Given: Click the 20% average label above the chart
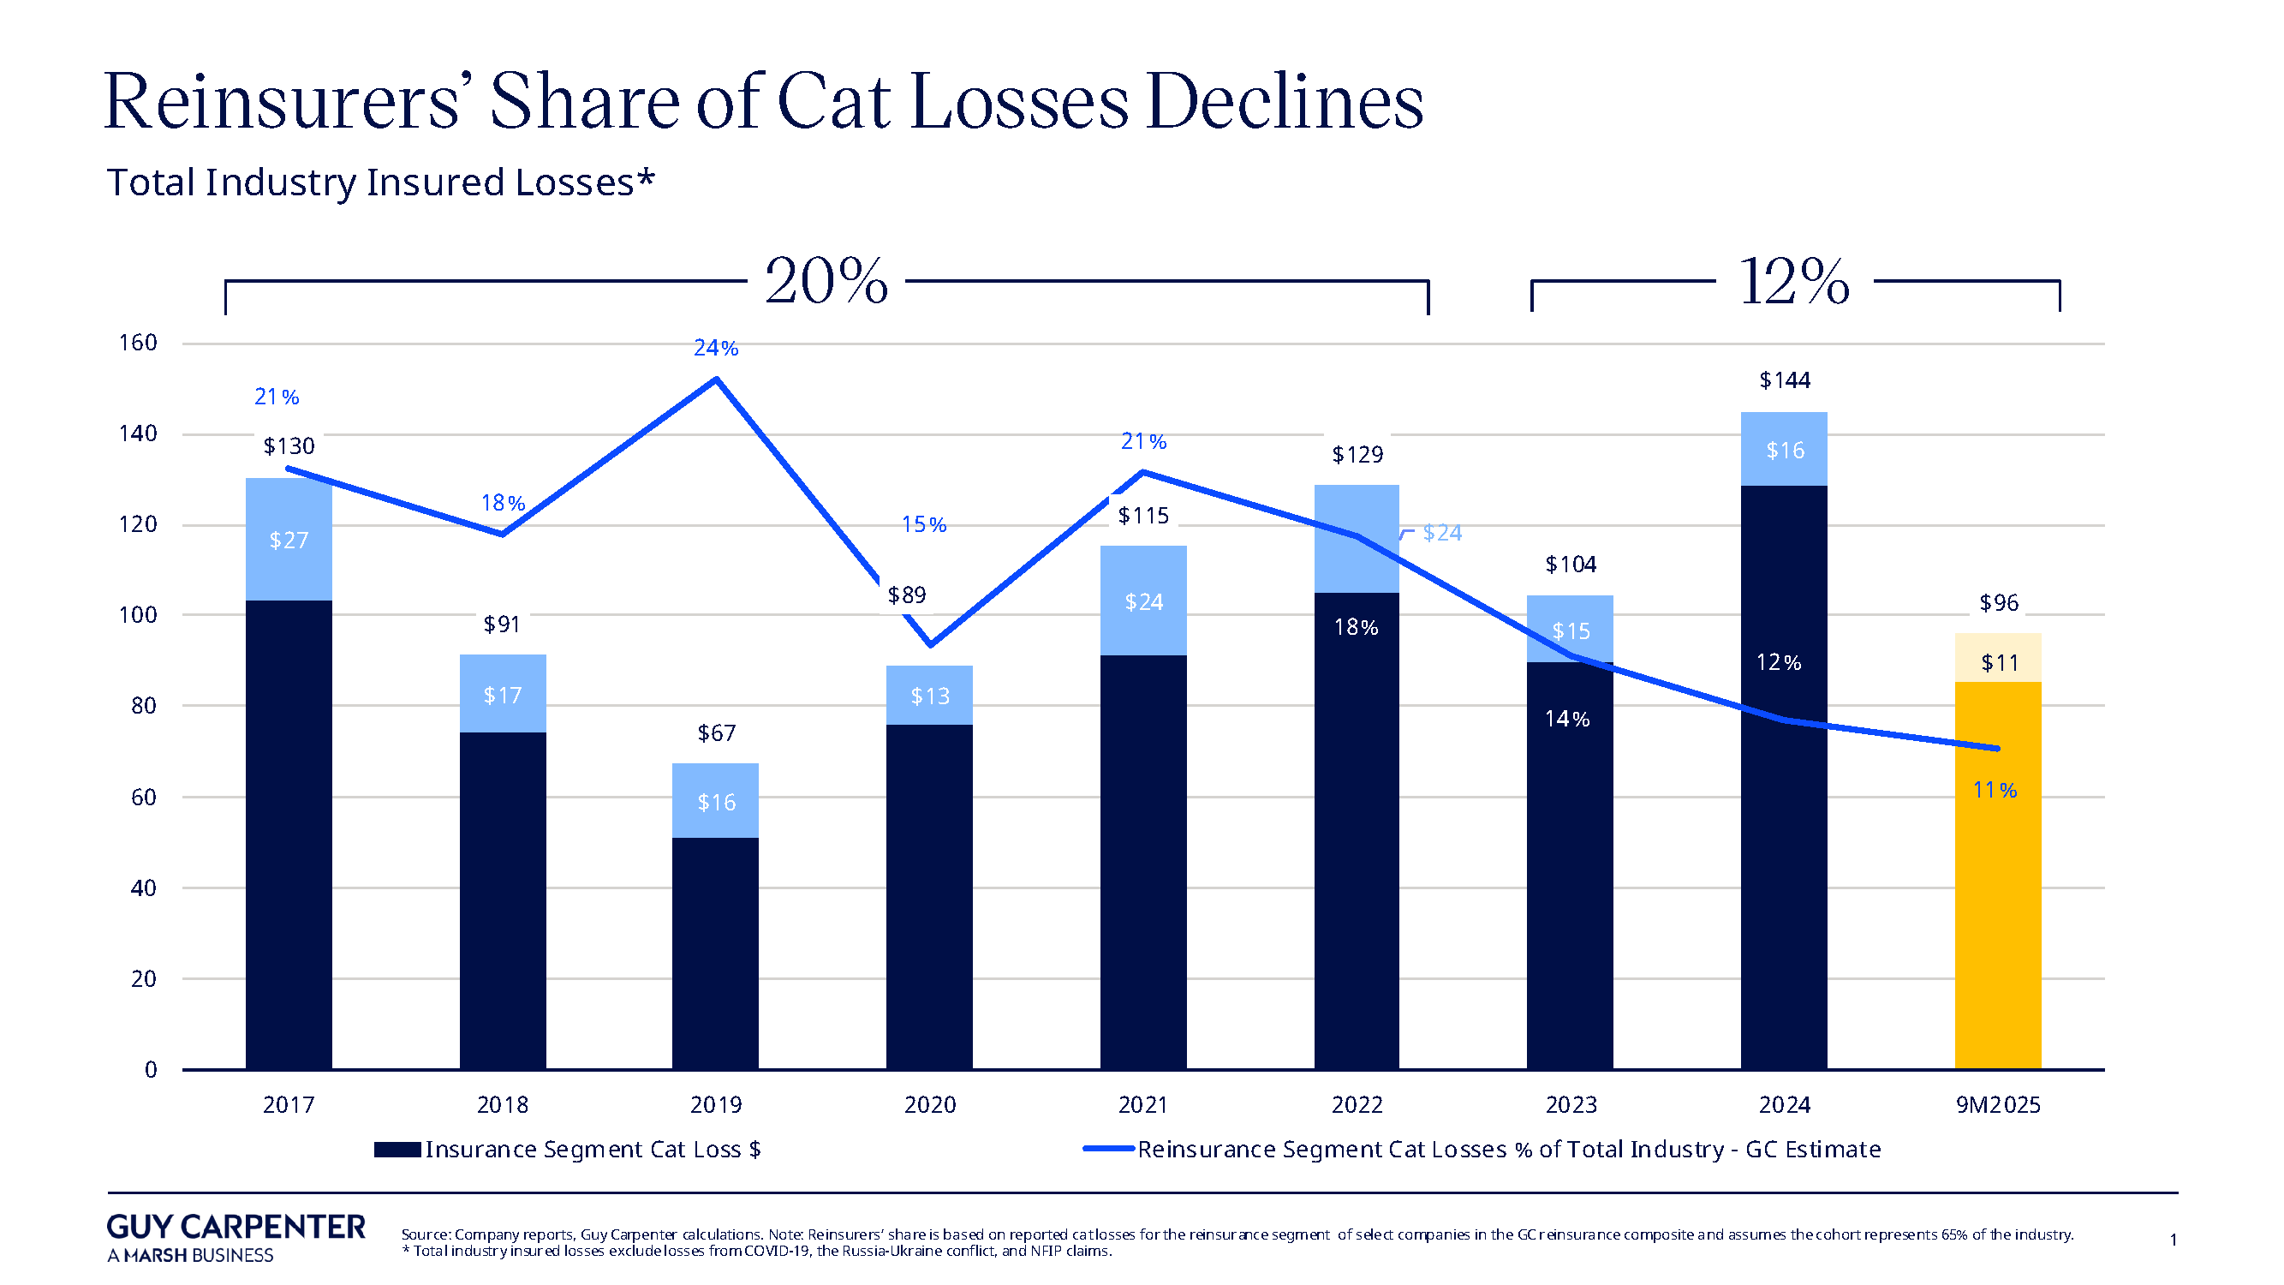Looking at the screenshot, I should pos(826,282).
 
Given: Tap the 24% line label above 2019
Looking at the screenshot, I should pos(716,349).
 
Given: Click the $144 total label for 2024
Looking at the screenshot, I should pos(1784,380).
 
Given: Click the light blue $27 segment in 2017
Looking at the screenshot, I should pos(289,540).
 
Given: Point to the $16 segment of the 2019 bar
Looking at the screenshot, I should pos(716,802).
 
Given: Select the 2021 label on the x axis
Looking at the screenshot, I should pos(1143,1105).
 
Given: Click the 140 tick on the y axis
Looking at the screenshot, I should pos(139,433).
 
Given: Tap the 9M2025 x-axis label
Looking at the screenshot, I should pos(1998,1105).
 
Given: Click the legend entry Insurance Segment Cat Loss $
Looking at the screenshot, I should pos(568,1150).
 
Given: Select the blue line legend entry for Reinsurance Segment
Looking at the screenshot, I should pos(1481,1150).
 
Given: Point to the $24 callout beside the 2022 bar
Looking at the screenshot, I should pos(1441,532).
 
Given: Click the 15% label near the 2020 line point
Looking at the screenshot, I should pos(924,525).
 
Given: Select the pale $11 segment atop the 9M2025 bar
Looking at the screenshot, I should pos(1999,661).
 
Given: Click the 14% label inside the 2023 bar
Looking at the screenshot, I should pos(1566,720).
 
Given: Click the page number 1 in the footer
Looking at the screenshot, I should pos(2174,1240).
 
